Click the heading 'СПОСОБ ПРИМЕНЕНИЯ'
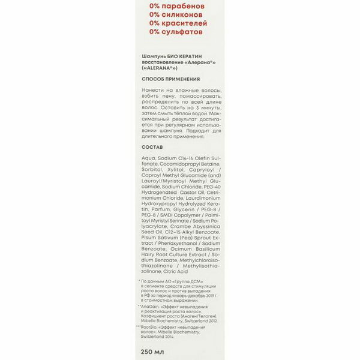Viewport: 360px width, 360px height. point(170,79)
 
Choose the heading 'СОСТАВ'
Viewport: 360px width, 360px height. point(152,146)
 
